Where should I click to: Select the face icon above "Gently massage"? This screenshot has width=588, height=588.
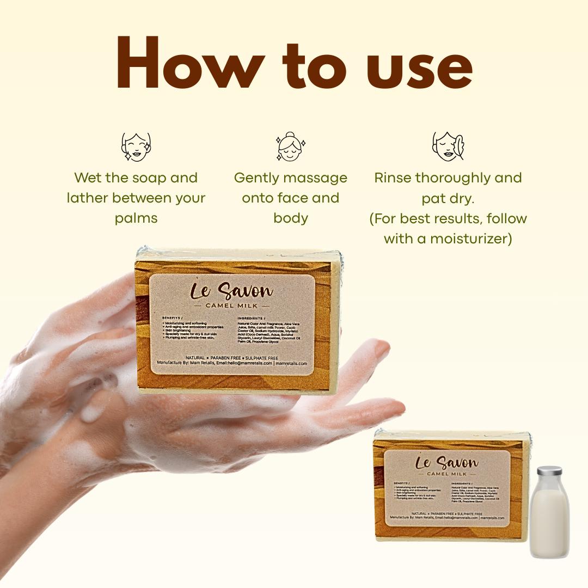[x=291, y=147]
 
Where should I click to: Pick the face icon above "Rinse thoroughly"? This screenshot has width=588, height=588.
[x=448, y=146]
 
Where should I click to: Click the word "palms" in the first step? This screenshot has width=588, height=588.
[x=136, y=218]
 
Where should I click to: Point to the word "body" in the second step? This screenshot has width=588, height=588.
[x=291, y=218]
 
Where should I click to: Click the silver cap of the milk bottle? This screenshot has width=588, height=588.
[x=549, y=470]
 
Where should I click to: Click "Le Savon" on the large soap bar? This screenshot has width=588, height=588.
[x=231, y=291]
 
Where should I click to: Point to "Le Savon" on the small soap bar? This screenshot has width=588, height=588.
[x=446, y=463]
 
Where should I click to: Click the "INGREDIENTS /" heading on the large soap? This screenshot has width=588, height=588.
[x=252, y=318]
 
